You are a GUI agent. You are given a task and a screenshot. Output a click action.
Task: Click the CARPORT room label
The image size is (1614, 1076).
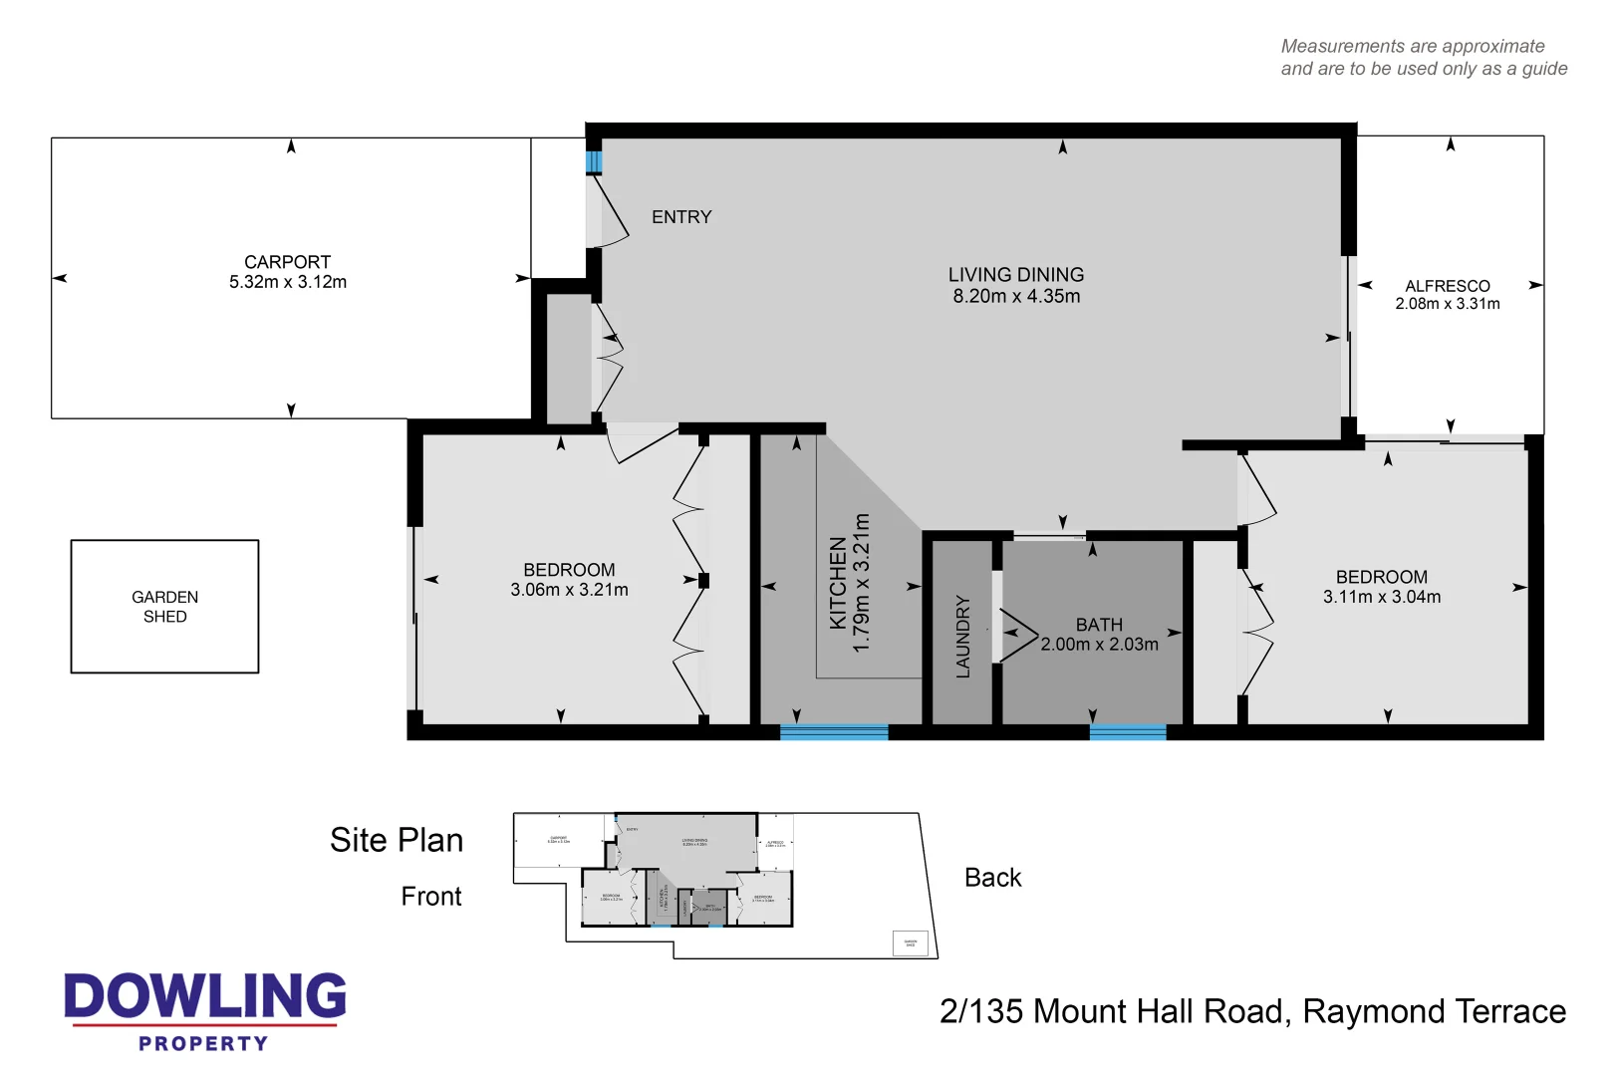click(287, 262)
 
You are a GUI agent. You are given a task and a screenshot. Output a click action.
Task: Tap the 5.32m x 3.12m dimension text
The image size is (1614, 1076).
click(287, 282)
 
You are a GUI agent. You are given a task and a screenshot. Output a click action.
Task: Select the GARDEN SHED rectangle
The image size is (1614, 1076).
click(164, 606)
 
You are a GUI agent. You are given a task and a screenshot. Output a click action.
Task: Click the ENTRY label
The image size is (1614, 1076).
click(681, 217)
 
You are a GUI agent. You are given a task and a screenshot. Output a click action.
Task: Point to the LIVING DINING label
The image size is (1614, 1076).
click(1015, 275)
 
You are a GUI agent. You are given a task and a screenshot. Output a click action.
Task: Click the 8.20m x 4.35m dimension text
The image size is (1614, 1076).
click(1015, 296)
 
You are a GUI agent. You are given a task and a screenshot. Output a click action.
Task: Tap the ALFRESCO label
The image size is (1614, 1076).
click(1447, 286)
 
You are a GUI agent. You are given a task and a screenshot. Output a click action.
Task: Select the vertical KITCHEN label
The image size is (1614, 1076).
click(838, 583)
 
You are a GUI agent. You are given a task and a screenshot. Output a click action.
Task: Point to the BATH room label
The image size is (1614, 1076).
click(1099, 625)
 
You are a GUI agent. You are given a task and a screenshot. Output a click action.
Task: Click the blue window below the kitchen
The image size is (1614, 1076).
click(834, 732)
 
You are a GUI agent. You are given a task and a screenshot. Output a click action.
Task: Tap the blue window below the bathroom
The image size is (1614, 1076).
click(1127, 732)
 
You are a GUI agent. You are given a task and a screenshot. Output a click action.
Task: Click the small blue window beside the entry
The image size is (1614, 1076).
click(594, 161)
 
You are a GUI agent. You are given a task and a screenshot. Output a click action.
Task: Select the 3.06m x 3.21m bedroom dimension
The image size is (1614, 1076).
click(569, 590)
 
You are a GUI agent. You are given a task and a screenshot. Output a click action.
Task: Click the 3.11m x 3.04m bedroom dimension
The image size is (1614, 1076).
click(1381, 597)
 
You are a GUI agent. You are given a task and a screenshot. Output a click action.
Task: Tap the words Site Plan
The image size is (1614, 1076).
click(397, 840)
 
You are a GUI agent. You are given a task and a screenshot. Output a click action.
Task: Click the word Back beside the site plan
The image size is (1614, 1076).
click(992, 878)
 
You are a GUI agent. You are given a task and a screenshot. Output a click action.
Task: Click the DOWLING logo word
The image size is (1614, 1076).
click(205, 996)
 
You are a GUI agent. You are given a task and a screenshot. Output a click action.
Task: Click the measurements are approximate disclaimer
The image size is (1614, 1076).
click(1423, 58)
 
